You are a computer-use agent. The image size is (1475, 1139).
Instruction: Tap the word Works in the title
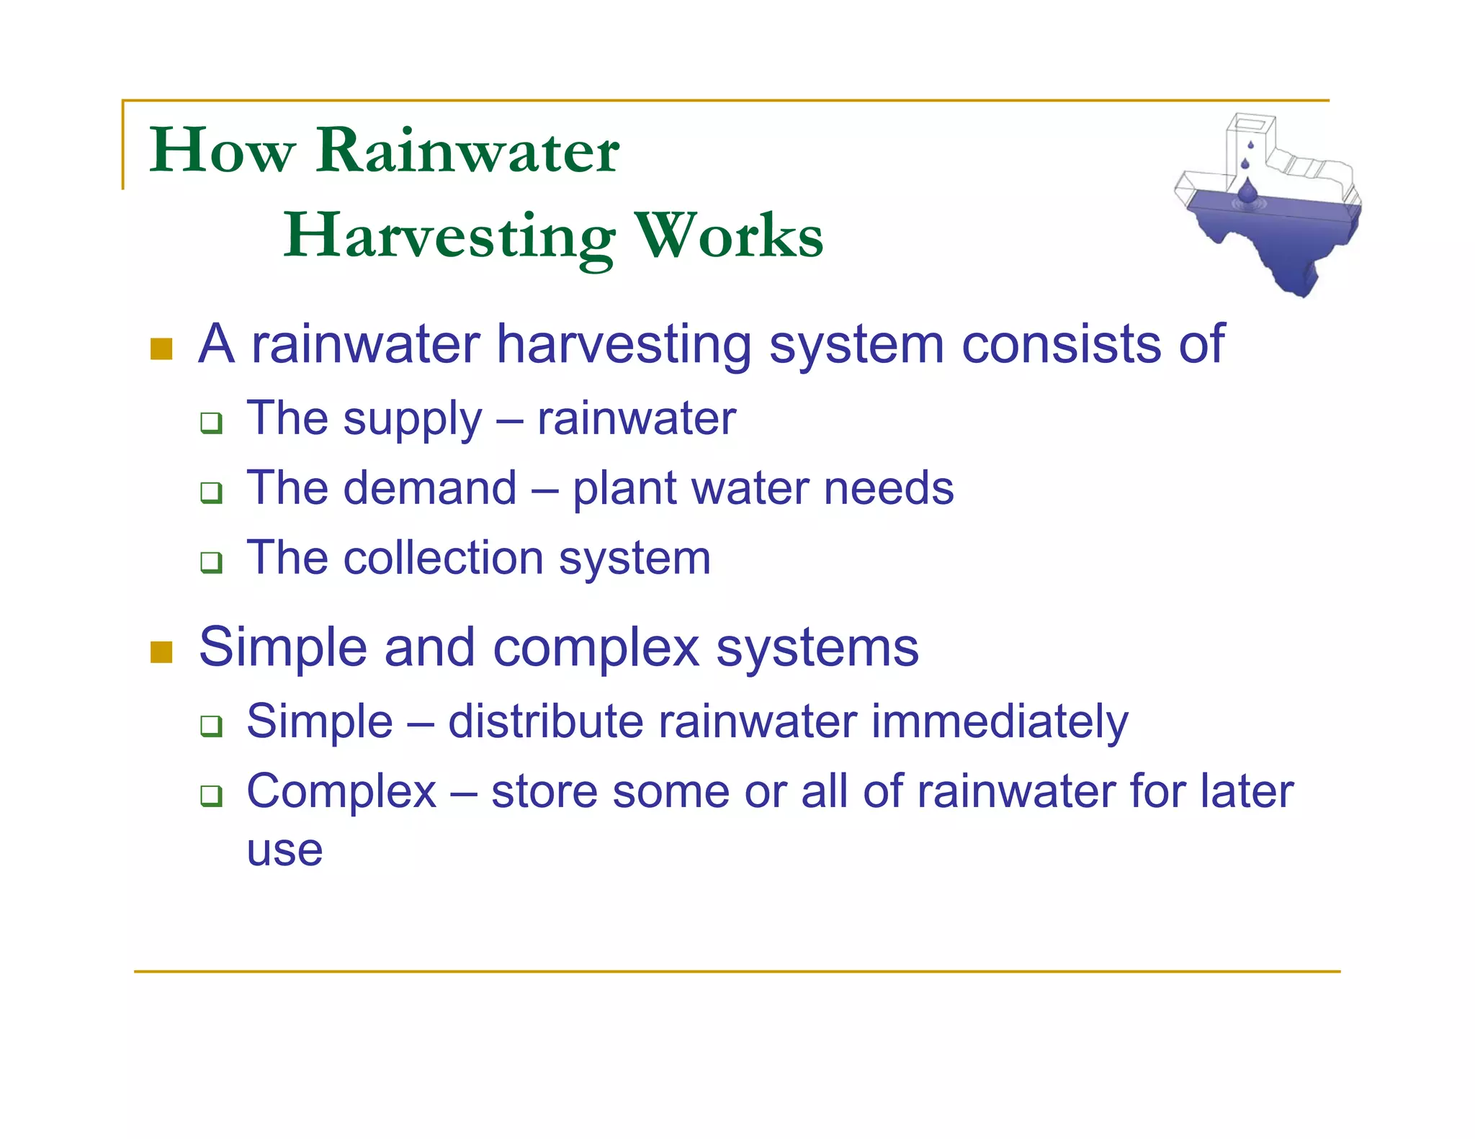tap(729, 236)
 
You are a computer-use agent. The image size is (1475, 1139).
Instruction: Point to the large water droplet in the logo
tap(1247, 192)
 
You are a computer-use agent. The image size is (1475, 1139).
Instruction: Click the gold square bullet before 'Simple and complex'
tap(161, 652)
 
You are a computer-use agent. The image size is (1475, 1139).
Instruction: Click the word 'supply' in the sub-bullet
tap(412, 419)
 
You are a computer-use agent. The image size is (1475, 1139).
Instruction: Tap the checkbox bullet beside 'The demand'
tap(211, 492)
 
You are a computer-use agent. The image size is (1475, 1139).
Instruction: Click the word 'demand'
tap(430, 488)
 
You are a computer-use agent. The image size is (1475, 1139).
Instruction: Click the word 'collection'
tap(443, 558)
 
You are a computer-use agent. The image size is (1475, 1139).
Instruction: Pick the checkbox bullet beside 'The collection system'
tap(211, 562)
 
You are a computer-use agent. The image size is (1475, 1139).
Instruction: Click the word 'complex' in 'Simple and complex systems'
tap(596, 648)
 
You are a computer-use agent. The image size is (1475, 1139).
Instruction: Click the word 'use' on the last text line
tap(284, 851)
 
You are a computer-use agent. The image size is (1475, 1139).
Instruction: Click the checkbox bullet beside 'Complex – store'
tap(211, 796)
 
